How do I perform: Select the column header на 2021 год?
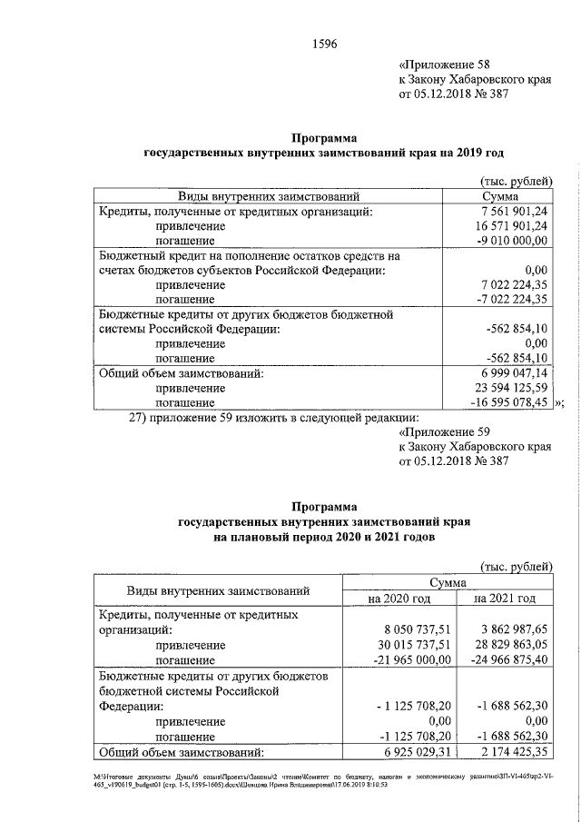click(x=505, y=599)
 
